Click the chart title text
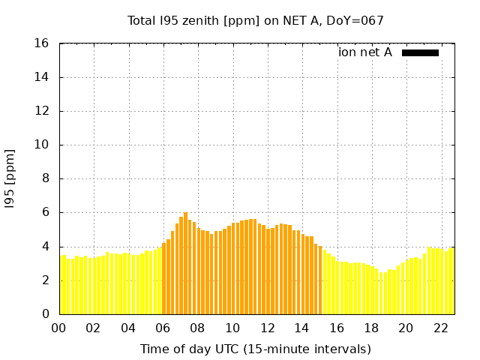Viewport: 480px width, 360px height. coord(255,21)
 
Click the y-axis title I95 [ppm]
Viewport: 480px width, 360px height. coord(10,178)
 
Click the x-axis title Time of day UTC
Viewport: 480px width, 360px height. coord(255,349)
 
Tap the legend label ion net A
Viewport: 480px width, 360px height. coord(365,52)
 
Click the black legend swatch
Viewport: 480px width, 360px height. coord(420,52)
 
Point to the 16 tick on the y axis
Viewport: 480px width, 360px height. coord(43,43)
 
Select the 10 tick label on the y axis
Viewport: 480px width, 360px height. coord(43,145)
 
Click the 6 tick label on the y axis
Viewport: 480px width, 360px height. coord(46,212)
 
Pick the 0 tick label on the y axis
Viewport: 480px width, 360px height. coord(46,313)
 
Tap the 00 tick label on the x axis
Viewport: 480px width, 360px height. coord(59,328)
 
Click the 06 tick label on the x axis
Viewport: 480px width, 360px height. coord(163,328)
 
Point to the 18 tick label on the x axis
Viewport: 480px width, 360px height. coord(371,328)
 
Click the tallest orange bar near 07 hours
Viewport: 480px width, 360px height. coord(185,262)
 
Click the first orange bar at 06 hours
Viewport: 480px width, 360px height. coord(164,277)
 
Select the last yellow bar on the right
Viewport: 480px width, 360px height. coord(451,281)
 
